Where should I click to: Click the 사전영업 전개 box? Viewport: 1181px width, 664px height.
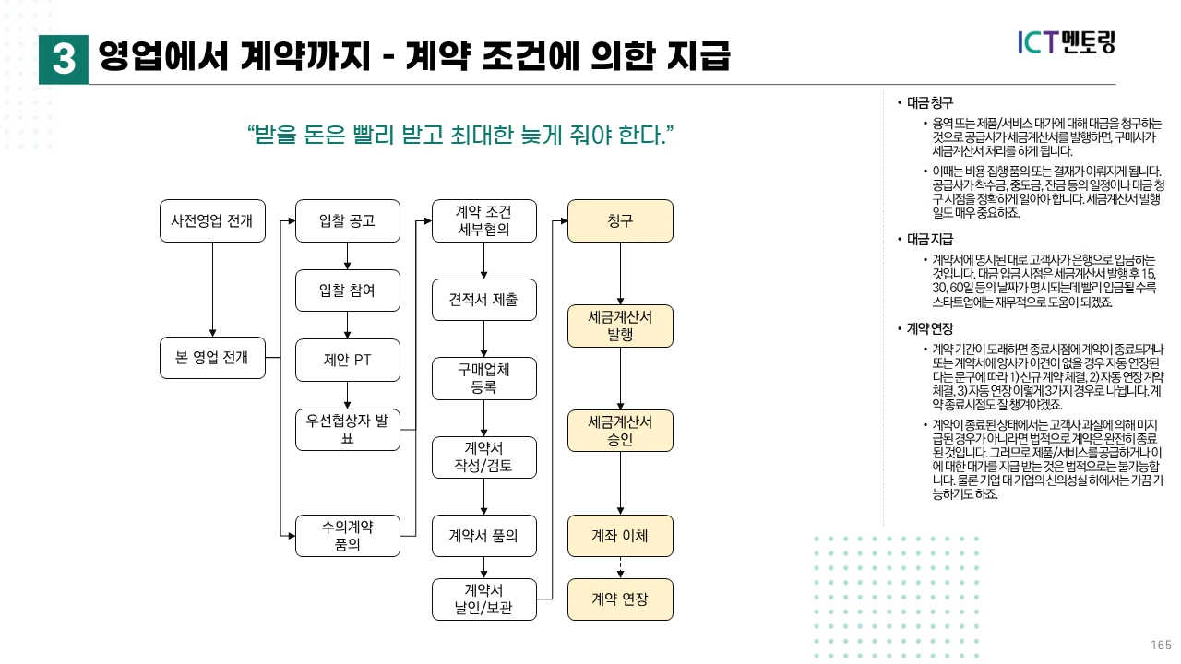212,221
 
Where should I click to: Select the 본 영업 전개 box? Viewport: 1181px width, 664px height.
212,357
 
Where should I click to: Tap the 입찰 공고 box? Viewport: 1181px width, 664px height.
348,221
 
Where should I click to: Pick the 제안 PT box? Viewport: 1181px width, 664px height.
348,360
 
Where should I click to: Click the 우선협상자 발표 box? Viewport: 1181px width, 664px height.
348,429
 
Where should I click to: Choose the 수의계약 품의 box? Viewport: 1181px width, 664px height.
348,536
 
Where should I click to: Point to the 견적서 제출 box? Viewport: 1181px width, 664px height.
484,300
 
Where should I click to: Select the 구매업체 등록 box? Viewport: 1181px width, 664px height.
484,378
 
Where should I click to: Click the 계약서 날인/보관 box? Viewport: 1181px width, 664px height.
484,599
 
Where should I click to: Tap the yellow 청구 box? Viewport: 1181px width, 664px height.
620,221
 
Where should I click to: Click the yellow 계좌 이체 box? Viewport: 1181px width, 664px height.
620,536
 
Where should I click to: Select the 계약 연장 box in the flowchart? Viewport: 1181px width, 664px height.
620,599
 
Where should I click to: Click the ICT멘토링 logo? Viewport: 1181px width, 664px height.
1066,42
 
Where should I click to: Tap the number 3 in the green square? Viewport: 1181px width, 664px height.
64,60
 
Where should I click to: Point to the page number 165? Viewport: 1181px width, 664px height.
1161,645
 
